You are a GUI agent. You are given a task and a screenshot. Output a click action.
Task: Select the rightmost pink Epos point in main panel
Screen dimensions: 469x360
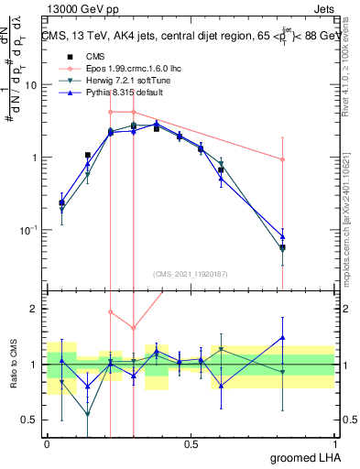pyautogui.click(x=282, y=159)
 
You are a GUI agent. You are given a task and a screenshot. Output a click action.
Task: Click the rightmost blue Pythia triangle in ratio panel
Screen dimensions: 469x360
pyautogui.click(x=282, y=338)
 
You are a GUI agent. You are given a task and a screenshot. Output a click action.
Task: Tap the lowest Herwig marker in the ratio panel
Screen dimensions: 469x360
pyautogui.click(x=88, y=414)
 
